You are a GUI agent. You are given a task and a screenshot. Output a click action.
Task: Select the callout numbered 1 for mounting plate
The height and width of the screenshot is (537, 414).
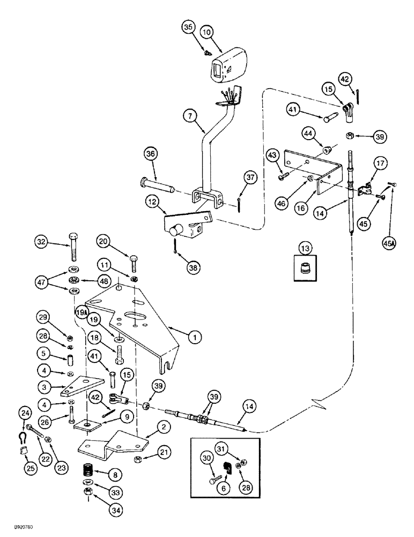click(x=195, y=337)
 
